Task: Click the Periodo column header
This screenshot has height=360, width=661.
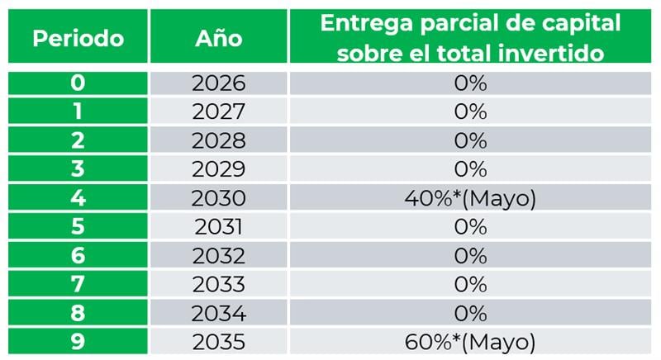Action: pos(78,38)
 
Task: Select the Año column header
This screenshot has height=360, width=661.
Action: pos(218,38)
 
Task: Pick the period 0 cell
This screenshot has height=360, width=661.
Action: pos(78,83)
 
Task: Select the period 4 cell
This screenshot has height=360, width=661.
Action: pos(78,199)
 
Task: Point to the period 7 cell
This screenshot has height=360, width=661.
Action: pos(78,285)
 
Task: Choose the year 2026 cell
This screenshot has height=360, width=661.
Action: pos(218,83)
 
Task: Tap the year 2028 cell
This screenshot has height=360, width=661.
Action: pos(218,140)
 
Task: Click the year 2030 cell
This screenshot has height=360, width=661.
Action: pos(218,199)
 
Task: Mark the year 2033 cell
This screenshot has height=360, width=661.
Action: pos(218,285)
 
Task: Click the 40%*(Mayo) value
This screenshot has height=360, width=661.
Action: pos(470,199)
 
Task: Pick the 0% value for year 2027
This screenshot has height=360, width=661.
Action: pos(470,112)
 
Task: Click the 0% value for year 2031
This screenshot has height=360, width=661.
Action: pos(470,227)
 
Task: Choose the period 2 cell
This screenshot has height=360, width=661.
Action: pos(78,140)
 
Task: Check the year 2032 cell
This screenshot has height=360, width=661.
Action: pos(218,256)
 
